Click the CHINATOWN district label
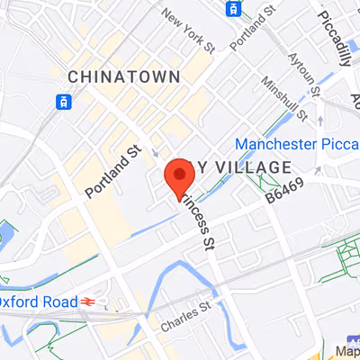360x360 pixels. click(123, 76)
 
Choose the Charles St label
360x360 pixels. click(184, 316)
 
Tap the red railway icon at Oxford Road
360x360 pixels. click(89, 301)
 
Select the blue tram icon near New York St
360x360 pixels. click(234, 9)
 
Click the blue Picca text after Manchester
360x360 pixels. click(342, 144)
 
